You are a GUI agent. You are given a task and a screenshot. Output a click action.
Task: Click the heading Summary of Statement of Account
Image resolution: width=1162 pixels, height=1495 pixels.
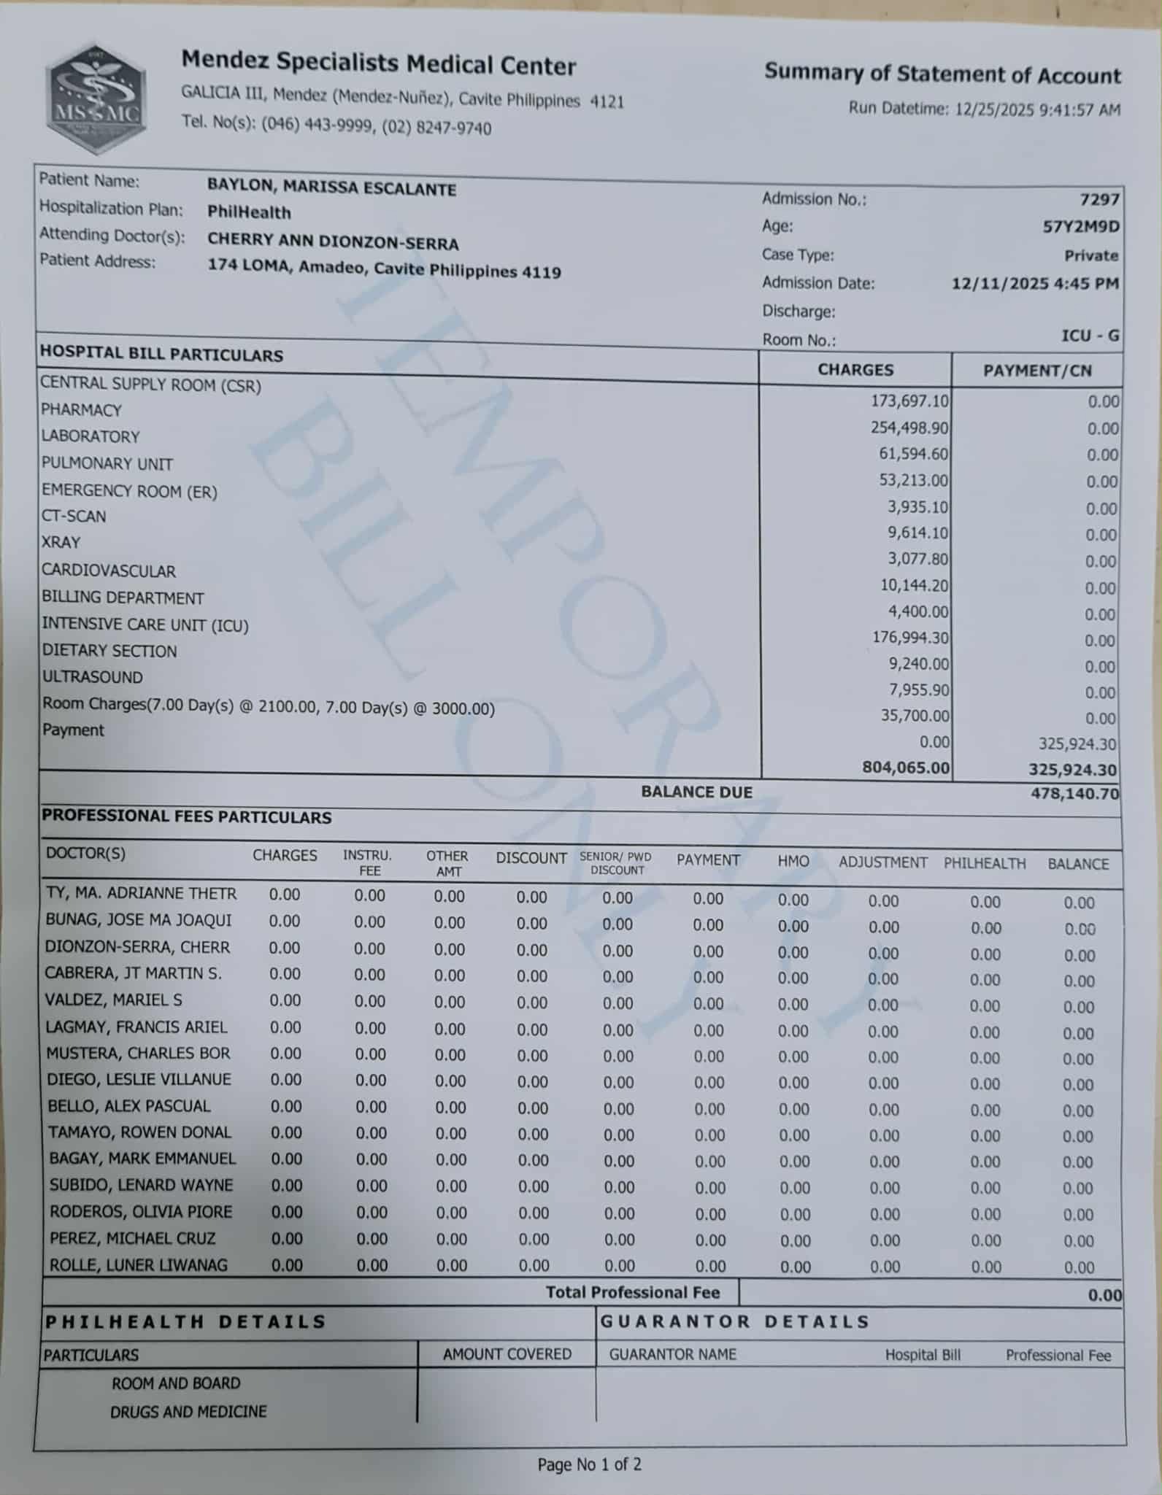[x=942, y=74]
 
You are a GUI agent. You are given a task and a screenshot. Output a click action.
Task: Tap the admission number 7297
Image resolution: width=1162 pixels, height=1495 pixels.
[x=1099, y=199]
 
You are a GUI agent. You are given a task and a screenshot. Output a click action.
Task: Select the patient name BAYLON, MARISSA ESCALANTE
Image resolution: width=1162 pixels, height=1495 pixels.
[x=331, y=188]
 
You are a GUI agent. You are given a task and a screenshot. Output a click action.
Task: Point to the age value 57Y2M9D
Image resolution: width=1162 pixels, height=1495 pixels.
[x=1080, y=227]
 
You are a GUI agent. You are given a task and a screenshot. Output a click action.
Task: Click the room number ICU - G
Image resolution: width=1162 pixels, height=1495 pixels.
[x=1090, y=336]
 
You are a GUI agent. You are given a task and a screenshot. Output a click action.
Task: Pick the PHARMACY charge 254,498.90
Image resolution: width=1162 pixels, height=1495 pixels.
[x=909, y=427]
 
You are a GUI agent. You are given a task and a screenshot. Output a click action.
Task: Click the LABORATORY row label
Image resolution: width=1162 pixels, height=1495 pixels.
[x=90, y=436]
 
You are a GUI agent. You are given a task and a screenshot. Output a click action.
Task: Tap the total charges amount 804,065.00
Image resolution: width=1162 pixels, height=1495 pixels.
[x=906, y=767]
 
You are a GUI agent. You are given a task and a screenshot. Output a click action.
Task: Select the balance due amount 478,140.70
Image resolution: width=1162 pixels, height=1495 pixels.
[x=1074, y=793]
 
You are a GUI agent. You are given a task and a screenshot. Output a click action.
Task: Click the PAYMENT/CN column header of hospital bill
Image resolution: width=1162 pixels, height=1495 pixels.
[x=1037, y=371]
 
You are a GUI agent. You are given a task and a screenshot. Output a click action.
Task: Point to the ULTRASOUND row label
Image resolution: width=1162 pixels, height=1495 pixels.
[x=92, y=677]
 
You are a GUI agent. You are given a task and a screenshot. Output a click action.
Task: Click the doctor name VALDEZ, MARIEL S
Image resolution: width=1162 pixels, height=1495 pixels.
[x=114, y=1000]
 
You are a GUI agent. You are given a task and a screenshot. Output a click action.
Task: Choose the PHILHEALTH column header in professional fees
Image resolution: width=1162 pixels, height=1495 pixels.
[x=985, y=864]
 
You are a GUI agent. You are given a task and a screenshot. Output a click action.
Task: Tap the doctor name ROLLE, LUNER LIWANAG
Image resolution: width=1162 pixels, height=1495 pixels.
[x=138, y=1265]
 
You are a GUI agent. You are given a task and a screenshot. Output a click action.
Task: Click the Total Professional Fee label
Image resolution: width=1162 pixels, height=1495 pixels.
[x=633, y=1293]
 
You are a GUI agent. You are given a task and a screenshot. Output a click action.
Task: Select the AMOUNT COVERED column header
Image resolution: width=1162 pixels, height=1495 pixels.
[x=507, y=1354]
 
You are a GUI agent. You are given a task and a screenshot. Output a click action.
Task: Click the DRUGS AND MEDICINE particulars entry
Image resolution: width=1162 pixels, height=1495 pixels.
[x=188, y=1412]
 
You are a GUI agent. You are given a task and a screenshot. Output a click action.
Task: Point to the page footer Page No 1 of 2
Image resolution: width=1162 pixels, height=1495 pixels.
[x=589, y=1464]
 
